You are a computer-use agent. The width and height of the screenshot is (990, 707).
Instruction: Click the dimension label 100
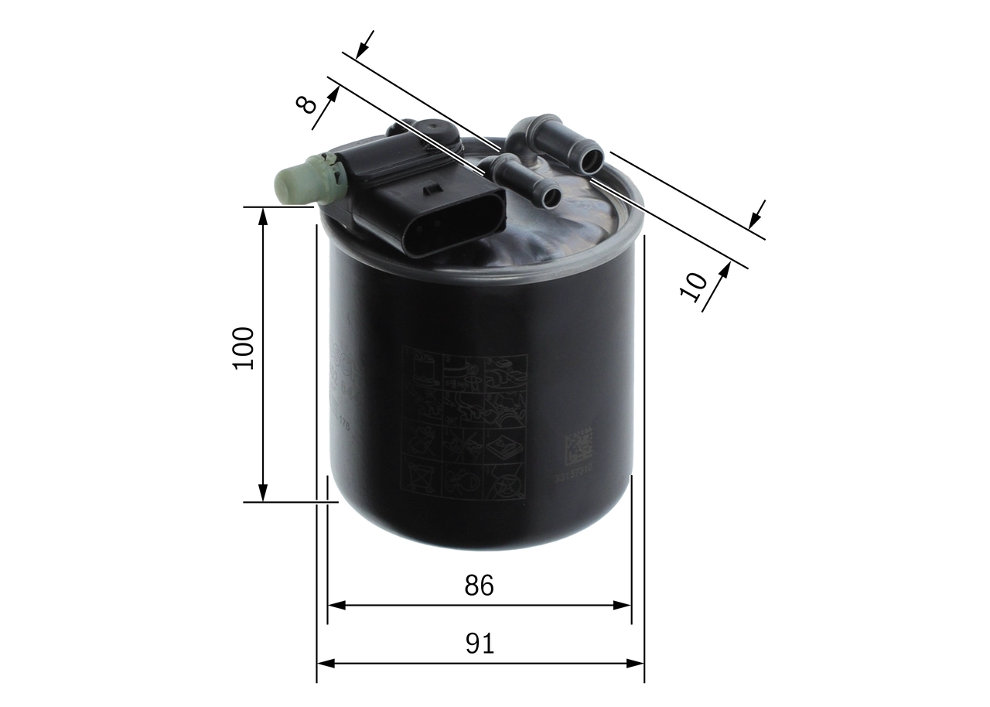pyautogui.click(x=244, y=348)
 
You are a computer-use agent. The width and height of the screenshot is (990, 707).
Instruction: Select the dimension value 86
pyautogui.click(x=479, y=586)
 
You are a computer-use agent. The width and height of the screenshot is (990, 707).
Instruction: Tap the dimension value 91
pyautogui.click(x=480, y=643)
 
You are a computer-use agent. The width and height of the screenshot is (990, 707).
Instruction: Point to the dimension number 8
pyautogui.click(x=307, y=104)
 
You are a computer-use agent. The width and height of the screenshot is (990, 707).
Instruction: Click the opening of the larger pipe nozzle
pyautogui.click(x=592, y=161)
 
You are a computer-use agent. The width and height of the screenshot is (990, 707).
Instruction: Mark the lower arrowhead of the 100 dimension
pyautogui.click(x=263, y=494)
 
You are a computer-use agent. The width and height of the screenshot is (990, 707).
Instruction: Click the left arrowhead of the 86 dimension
pyautogui.click(x=335, y=605)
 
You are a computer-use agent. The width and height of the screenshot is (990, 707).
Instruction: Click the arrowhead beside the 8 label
pyautogui.click(x=334, y=91)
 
